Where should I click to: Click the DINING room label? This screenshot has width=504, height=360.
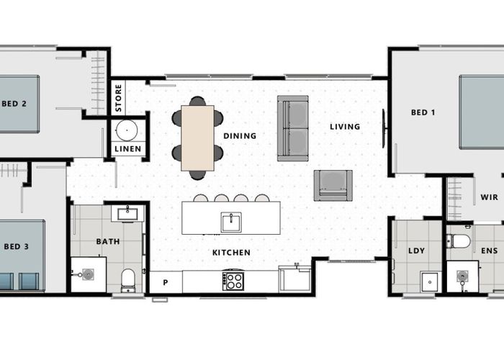pyautogui.click(x=240, y=136)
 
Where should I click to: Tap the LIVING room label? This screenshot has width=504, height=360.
pyautogui.click(x=345, y=127)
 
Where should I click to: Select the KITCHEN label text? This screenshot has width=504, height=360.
pyautogui.click(x=231, y=253)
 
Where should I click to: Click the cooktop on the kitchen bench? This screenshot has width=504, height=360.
pyautogui.click(x=233, y=281)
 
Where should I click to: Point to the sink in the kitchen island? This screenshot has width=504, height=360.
pyautogui.click(x=231, y=222)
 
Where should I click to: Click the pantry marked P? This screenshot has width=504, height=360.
pyautogui.click(x=166, y=282)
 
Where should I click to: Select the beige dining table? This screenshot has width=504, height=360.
pyautogui.click(x=197, y=138)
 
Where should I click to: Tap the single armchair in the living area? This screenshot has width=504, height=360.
pyautogui.click(x=333, y=186)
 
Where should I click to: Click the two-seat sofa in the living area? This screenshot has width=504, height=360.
pyautogui.click(x=293, y=128)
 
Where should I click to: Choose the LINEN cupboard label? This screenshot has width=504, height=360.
pyautogui.click(x=128, y=149)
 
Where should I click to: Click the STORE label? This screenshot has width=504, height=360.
pyautogui.click(x=118, y=98)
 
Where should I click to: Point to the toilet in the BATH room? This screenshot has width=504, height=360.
pyautogui.click(x=128, y=280)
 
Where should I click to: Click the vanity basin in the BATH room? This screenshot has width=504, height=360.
pyautogui.click(x=127, y=214)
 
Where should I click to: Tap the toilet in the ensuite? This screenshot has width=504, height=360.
pyautogui.click(x=459, y=240)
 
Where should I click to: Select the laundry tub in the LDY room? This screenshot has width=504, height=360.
pyautogui.click(x=430, y=282)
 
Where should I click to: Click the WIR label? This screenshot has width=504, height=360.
pyautogui.click(x=489, y=197)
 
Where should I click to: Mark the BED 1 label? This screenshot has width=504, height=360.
pyautogui.click(x=423, y=112)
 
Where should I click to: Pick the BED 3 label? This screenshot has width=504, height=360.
pyautogui.click(x=17, y=247)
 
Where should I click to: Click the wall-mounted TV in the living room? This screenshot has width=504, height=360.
pyautogui.click(x=384, y=129)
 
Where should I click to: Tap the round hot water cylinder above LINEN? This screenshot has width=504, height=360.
pyautogui.click(x=127, y=130)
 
